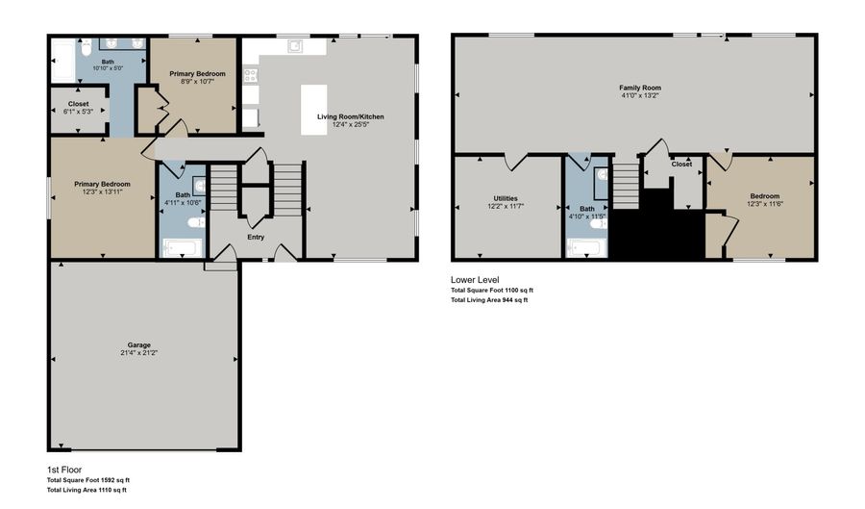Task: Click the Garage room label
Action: pyautogui.click(x=139, y=344)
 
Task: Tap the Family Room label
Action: pyautogui.click(x=639, y=88)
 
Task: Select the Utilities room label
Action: pyautogui.click(x=506, y=198)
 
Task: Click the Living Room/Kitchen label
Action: pyautogui.click(x=351, y=116)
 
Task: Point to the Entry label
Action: pyautogui.click(x=256, y=237)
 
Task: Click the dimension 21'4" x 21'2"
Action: pyautogui.click(x=139, y=353)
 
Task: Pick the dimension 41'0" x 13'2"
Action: pyautogui.click(x=639, y=95)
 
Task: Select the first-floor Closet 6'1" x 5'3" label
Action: pyautogui.click(x=78, y=112)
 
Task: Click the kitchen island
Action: pyautogui.click(x=313, y=109)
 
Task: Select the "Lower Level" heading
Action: pyautogui.click(x=475, y=280)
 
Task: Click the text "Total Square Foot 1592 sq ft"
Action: pyautogui.click(x=89, y=480)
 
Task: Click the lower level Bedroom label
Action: pyautogui.click(x=765, y=196)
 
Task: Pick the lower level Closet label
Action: pyautogui.click(x=681, y=165)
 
